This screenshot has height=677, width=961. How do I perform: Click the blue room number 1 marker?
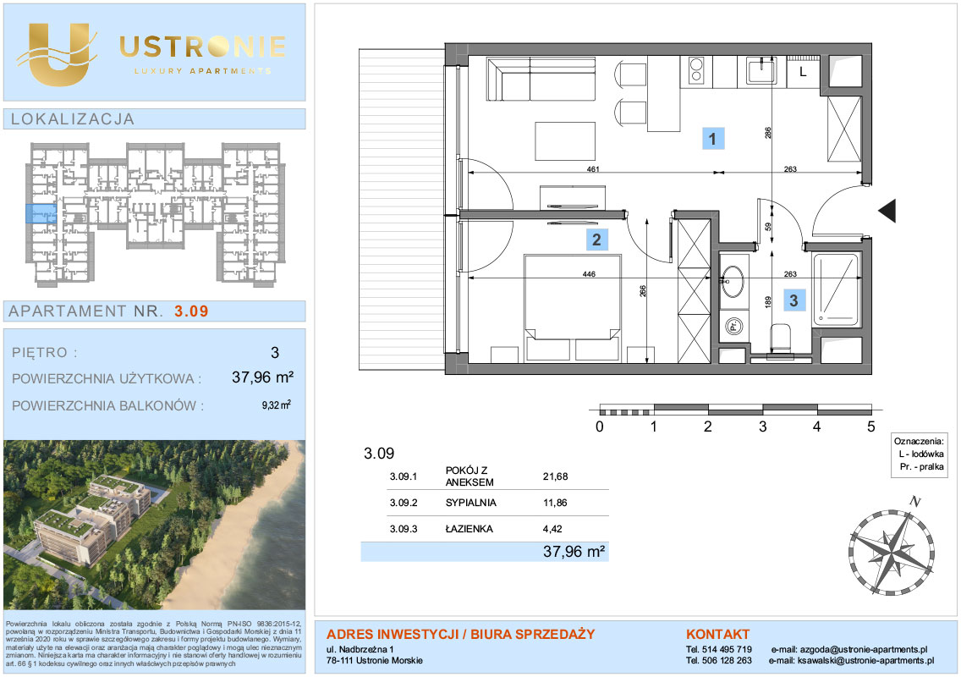click(x=712, y=139)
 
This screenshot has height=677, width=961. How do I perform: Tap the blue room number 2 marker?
click(x=596, y=239)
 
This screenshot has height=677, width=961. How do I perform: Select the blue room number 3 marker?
click(x=794, y=300)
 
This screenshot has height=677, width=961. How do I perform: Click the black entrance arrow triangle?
click(x=887, y=211)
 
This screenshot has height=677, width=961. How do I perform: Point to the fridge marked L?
click(x=803, y=71)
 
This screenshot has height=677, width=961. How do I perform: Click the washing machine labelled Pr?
click(x=733, y=326)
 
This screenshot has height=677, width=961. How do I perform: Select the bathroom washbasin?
click(x=733, y=282)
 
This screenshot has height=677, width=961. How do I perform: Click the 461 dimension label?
click(x=593, y=169)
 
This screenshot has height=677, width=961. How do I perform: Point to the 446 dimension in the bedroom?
click(x=589, y=274)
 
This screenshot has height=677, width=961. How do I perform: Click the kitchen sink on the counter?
click(x=761, y=70)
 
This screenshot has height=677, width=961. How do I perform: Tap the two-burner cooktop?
click(x=697, y=70)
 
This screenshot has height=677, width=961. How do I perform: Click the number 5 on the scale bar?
click(x=871, y=427)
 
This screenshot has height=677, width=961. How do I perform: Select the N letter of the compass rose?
click(x=914, y=502)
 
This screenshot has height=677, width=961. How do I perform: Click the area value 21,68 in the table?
click(x=555, y=476)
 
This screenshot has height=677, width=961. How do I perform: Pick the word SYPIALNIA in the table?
click(x=470, y=503)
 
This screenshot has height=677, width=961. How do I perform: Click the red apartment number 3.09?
click(x=191, y=311)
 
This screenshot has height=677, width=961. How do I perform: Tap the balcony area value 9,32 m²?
click(x=276, y=405)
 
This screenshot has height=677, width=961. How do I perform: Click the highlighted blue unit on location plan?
click(x=41, y=213)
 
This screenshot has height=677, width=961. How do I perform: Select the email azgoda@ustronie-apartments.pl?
click(x=863, y=649)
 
